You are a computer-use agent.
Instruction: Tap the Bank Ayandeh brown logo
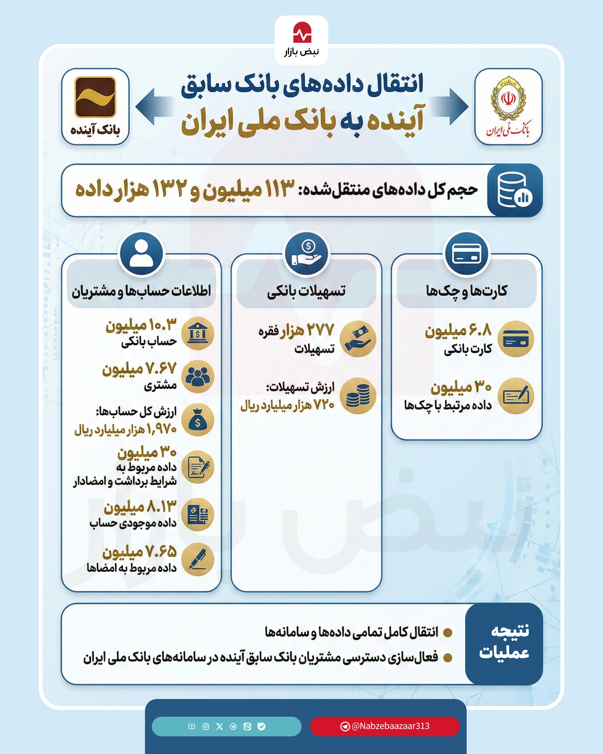[95, 97]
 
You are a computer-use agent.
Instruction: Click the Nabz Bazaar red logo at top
[302, 33]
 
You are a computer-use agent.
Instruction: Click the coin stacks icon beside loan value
[358, 396]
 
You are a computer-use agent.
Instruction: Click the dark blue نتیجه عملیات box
[504, 644]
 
